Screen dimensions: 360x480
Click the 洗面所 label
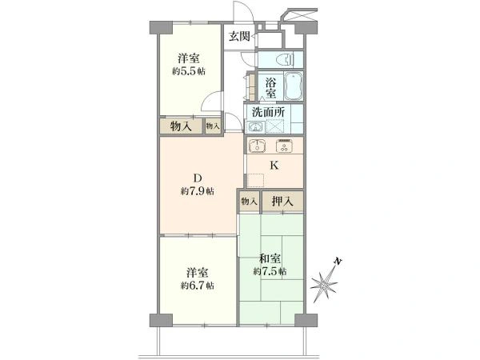[x=266, y=112]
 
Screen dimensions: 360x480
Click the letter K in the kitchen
[x=273, y=167]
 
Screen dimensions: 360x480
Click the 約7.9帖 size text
[x=197, y=192]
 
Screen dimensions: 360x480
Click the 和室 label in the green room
[x=270, y=258]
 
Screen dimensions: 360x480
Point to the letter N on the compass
[x=338, y=262]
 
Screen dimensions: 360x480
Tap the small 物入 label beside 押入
[x=248, y=202]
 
